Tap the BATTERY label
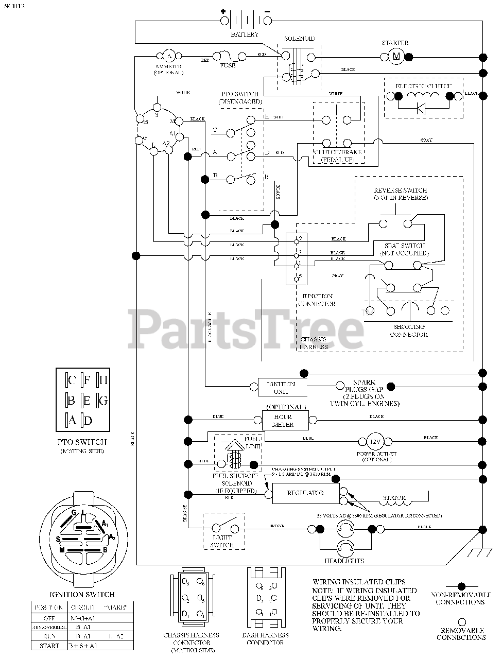click(245, 34)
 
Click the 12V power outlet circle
click(375, 441)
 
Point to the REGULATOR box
click(305, 493)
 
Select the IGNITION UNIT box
click(281, 387)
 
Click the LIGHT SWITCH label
click(222, 541)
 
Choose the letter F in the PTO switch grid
click(87, 381)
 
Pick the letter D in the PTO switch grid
click(88, 421)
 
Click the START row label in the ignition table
click(49, 646)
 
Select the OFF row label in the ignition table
click(49, 617)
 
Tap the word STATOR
click(394, 498)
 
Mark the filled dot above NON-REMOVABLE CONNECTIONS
click(461, 586)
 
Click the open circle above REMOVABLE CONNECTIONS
click(461, 621)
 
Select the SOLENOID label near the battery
click(299, 39)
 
